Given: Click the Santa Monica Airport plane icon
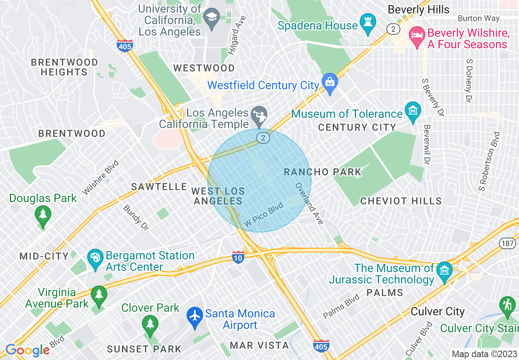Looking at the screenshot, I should (x=195, y=316).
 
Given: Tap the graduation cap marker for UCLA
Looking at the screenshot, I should (x=211, y=18).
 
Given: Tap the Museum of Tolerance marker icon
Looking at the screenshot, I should (x=413, y=110).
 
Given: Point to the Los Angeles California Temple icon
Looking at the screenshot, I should (x=259, y=115).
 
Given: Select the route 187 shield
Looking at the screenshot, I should (x=506, y=243).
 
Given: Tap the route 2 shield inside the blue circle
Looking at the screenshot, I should (x=263, y=138).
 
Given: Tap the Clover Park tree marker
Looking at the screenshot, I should (x=150, y=324).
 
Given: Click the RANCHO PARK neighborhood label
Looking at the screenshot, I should (x=323, y=172).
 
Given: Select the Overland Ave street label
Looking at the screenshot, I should (x=309, y=203).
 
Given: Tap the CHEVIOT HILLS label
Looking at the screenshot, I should (x=401, y=201).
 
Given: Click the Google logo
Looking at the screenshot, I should (x=27, y=350).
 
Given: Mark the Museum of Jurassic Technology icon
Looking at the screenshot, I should (x=444, y=270).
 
